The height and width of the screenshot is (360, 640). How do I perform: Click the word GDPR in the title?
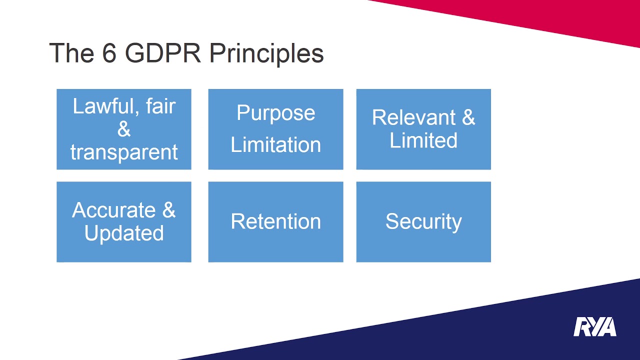click(162, 53)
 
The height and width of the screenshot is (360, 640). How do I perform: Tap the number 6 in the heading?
click(109, 53)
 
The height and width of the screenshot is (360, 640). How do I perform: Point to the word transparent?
click(124, 152)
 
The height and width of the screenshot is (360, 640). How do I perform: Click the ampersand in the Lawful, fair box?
click(124, 129)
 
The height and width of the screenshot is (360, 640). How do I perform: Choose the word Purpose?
click(275, 113)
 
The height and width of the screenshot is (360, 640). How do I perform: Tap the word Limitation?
click(275, 145)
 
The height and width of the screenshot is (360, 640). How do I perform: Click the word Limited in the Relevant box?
click(423, 140)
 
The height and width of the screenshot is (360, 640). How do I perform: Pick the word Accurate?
click(114, 210)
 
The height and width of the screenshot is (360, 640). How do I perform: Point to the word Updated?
click(124, 233)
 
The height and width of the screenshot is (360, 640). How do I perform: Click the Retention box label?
click(275, 222)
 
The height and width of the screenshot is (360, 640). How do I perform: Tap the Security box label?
click(423, 222)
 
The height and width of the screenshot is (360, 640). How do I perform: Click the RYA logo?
click(594, 327)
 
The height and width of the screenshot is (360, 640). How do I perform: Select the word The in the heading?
click(71, 53)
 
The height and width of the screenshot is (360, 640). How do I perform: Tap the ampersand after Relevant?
click(468, 117)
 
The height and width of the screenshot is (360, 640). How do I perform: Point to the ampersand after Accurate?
click(169, 210)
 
